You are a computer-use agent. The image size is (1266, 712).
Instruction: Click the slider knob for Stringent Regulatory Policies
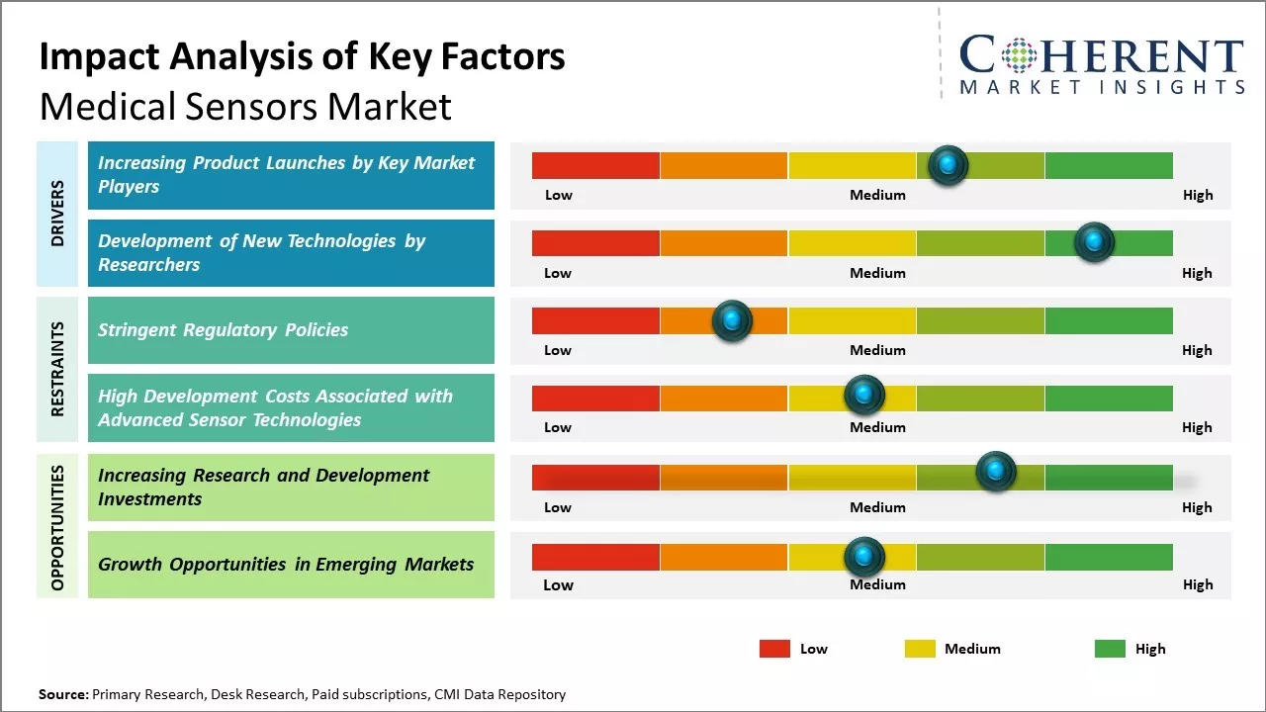pos(732,320)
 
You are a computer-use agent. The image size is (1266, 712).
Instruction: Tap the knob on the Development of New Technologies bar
pos(1094,242)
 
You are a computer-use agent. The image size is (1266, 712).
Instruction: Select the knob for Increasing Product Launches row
pos(949,165)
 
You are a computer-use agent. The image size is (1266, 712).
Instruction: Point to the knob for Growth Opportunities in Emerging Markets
pos(864,557)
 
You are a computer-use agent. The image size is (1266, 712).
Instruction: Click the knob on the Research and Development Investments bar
pos(996,471)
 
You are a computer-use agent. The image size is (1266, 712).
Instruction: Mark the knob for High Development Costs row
pos(864,396)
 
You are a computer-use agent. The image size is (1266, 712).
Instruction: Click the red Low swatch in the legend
pos(774,649)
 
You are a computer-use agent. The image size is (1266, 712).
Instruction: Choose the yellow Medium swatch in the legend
pos(920,649)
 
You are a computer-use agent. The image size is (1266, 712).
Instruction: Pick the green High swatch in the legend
pos(1110,649)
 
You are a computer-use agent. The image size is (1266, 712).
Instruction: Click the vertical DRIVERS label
pos(57,214)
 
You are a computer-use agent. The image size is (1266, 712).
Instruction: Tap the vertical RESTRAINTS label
pos(57,369)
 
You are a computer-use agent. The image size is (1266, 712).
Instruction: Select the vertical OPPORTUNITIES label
pos(57,527)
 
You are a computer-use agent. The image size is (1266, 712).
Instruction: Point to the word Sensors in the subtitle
pos(264,106)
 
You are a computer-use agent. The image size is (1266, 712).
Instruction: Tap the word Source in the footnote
pos(62,694)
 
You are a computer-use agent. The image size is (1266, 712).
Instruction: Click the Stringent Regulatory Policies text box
pos(291,330)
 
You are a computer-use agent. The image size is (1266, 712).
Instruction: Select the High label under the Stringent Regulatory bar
pos(1197,350)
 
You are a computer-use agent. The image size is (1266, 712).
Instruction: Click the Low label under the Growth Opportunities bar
pos(558,584)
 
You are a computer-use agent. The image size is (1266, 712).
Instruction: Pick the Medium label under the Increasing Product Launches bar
pos(877,195)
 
